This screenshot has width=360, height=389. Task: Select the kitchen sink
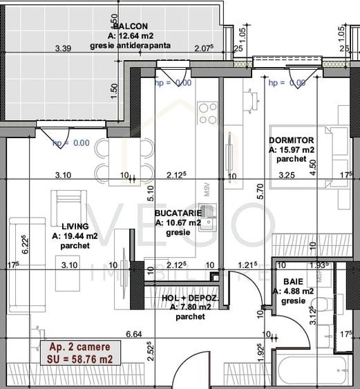pos(207,214)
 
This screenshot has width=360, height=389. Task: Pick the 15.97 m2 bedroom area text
pos(292,149)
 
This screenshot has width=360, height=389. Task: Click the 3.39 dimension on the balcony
pos(64,49)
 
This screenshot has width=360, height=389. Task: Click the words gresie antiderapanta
pos(130,46)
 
